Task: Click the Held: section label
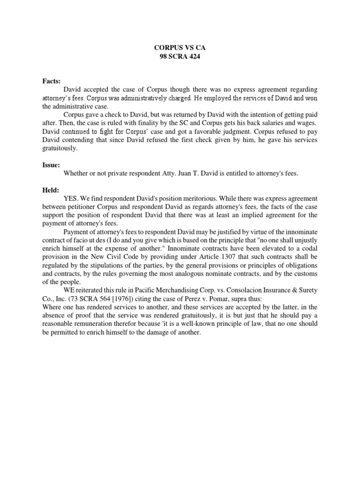coord(51,190)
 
